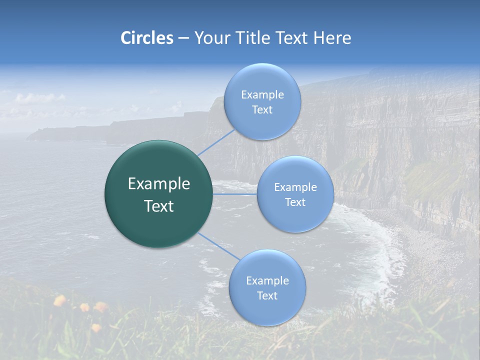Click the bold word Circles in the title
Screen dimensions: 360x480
point(146,38)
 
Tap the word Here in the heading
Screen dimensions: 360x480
point(332,38)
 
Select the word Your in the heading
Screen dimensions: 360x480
point(210,38)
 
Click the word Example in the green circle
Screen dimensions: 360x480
point(159,184)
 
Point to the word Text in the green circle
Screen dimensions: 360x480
point(159,206)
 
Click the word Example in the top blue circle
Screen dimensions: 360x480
point(262,94)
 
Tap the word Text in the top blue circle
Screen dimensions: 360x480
point(262,109)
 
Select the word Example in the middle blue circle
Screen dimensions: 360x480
point(295,187)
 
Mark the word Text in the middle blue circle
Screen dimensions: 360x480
point(295,202)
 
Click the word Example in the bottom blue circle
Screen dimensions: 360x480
point(267,280)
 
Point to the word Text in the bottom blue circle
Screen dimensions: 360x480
point(267,295)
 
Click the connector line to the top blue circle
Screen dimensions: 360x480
point(216,142)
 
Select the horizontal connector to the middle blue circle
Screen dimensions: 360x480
point(235,194)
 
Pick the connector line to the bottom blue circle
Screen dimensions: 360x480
point(219,245)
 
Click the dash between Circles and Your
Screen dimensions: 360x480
point(183,38)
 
